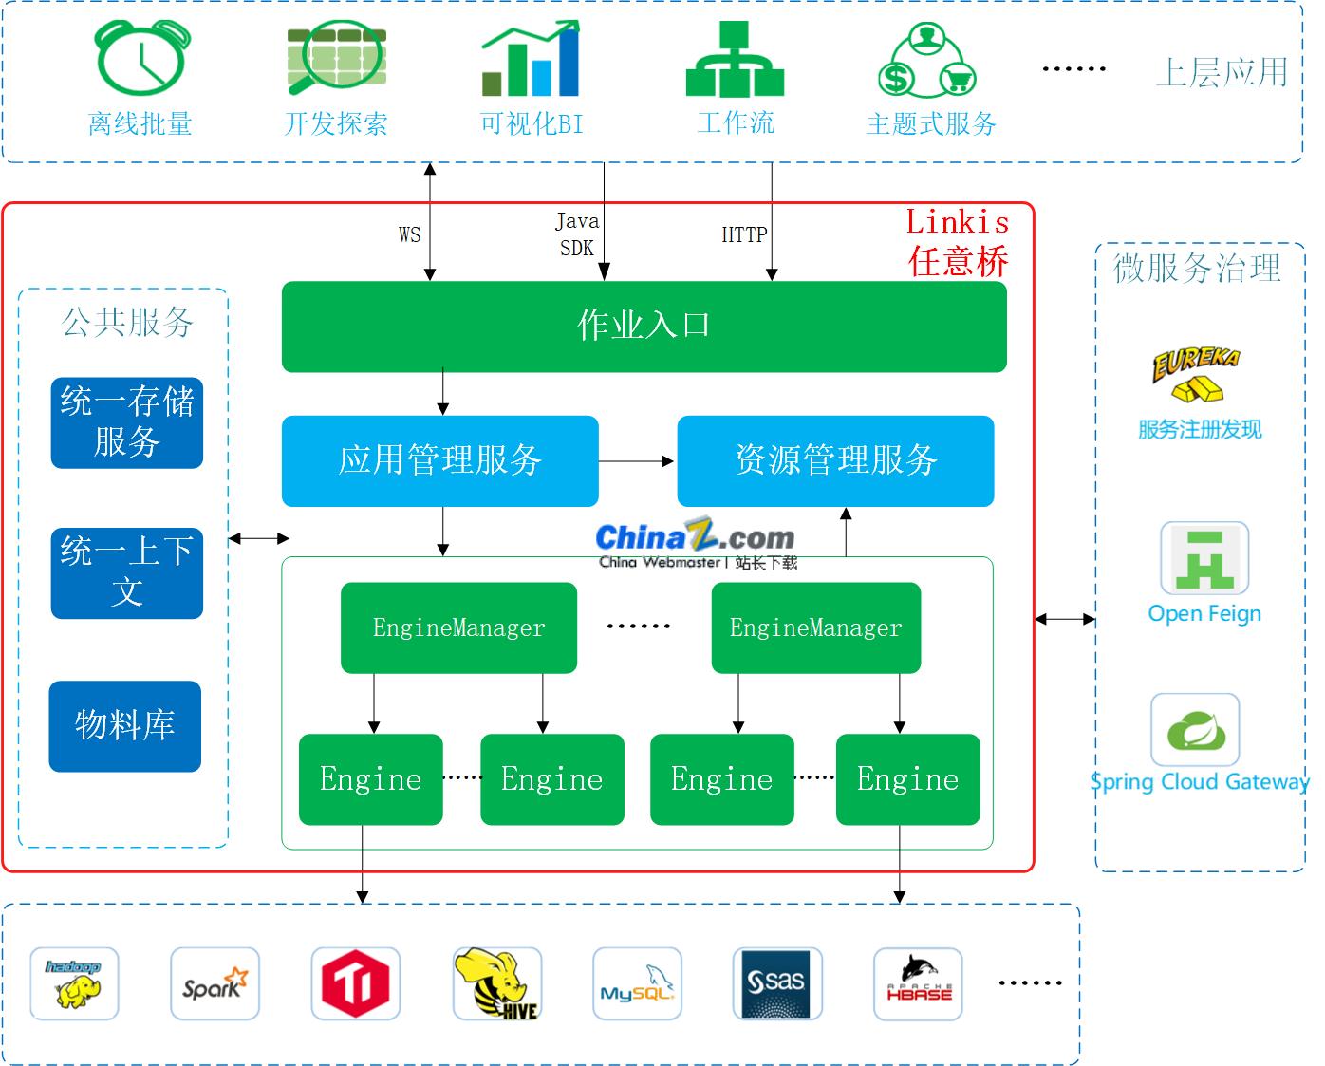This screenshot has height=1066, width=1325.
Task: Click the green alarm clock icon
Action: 142,59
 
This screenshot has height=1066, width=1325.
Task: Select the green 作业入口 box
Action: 644,326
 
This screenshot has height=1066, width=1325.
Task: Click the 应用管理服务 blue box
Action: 439,460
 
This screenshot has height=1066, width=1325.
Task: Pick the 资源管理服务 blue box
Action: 835,460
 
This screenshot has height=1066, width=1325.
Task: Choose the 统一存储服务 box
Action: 126,422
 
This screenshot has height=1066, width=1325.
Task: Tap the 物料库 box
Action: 125,725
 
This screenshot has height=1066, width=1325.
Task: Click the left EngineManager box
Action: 458,627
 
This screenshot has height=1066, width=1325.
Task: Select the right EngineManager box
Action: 815,627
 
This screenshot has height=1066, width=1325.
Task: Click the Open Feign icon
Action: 1204,558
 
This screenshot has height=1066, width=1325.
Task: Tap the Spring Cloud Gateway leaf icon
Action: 1195,729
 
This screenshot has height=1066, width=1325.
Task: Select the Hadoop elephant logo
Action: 74,983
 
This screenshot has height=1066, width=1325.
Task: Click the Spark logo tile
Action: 215,983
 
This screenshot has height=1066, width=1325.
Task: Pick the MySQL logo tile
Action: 637,983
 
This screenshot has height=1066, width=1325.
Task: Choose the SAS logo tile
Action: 777,983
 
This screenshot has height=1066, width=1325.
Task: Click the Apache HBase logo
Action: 918,983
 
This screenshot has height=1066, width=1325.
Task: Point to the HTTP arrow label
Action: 744,235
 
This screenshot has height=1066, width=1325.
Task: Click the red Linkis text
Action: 957,222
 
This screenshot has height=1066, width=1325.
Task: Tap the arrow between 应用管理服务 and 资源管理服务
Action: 636,461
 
